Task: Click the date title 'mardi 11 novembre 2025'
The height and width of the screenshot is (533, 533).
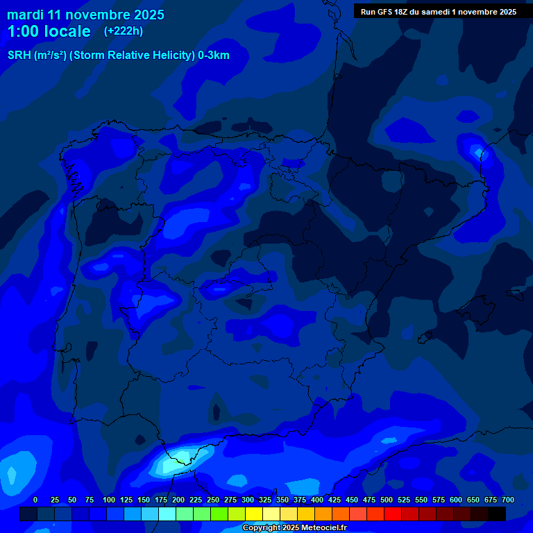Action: pyautogui.click(x=85, y=15)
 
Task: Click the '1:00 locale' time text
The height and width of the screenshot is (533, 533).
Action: pyautogui.click(x=49, y=31)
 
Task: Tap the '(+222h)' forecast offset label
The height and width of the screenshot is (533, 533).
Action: pyautogui.click(x=124, y=31)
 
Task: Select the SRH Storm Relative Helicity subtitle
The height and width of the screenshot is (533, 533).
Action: pyautogui.click(x=118, y=56)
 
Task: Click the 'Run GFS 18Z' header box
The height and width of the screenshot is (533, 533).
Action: pyautogui.click(x=439, y=12)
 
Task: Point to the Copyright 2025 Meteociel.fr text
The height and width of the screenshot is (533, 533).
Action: pyautogui.click(x=294, y=528)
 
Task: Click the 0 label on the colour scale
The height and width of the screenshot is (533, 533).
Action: pyautogui.click(x=35, y=500)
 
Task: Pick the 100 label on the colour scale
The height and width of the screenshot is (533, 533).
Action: pyautogui.click(x=109, y=500)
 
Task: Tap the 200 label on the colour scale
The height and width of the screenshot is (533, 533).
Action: pyautogui.click(x=178, y=500)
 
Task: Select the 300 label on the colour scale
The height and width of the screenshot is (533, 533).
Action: pyautogui.click(x=248, y=500)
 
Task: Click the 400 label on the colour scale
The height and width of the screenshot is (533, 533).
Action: pyautogui.click(x=317, y=500)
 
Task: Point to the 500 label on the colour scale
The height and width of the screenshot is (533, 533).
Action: pyautogui.click(x=387, y=500)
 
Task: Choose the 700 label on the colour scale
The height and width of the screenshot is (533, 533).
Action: pyautogui.click(x=508, y=500)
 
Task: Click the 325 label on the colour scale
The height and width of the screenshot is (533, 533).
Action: pyautogui.click(x=265, y=500)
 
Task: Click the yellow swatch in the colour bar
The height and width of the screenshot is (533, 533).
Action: pyautogui.click(x=253, y=514)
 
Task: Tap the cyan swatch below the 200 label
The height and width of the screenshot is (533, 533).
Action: pyautogui.click(x=167, y=514)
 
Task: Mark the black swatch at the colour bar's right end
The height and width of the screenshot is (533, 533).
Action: pyautogui.click(x=496, y=514)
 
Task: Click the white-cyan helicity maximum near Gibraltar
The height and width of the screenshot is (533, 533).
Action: pyautogui.click(x=182, y=456)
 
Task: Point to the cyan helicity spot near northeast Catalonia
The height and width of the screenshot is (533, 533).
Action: pyautogui.click(x=478, y=151)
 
